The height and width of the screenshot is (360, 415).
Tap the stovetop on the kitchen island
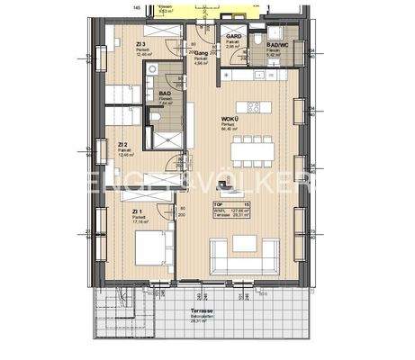[x=255, y=107]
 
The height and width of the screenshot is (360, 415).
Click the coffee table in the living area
[x=244, y=242]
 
